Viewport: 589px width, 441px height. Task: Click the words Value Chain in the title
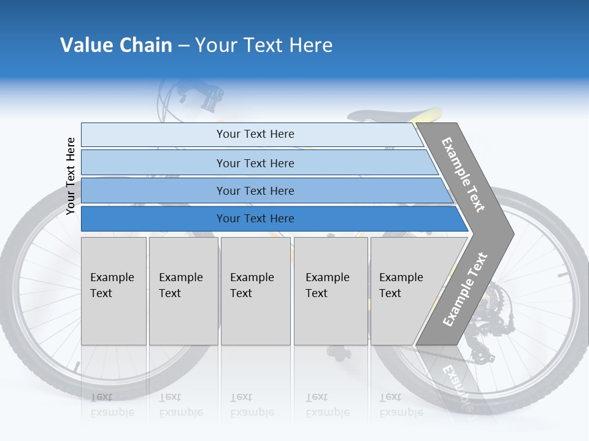(116, 45)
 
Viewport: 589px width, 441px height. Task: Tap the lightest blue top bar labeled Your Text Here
(255, 134)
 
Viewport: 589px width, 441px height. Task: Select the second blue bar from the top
(255, 163)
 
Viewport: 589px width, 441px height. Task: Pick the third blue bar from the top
(255, 190)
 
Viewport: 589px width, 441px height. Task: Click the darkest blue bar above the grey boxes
(255, 219)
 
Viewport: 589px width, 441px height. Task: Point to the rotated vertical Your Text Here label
(71, 176)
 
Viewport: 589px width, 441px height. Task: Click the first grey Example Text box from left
(114, 290)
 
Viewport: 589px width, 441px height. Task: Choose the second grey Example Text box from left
(183, 290)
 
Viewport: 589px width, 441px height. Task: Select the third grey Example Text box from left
(255, 290)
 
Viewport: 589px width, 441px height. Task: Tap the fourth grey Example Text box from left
(330, 290)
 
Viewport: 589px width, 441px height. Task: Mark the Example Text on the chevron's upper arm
(463, 175)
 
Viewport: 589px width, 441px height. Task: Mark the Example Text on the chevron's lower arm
(464, 290)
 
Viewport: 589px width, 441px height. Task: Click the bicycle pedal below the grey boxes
(337, 352)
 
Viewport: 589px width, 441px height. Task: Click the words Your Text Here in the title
(264, 45)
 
